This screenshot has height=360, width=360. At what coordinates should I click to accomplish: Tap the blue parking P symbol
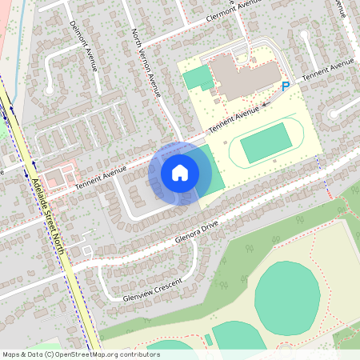[286, 86]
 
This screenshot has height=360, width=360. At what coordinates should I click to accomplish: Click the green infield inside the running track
[266, 143]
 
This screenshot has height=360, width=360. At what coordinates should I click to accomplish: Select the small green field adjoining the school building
[197, 78]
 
